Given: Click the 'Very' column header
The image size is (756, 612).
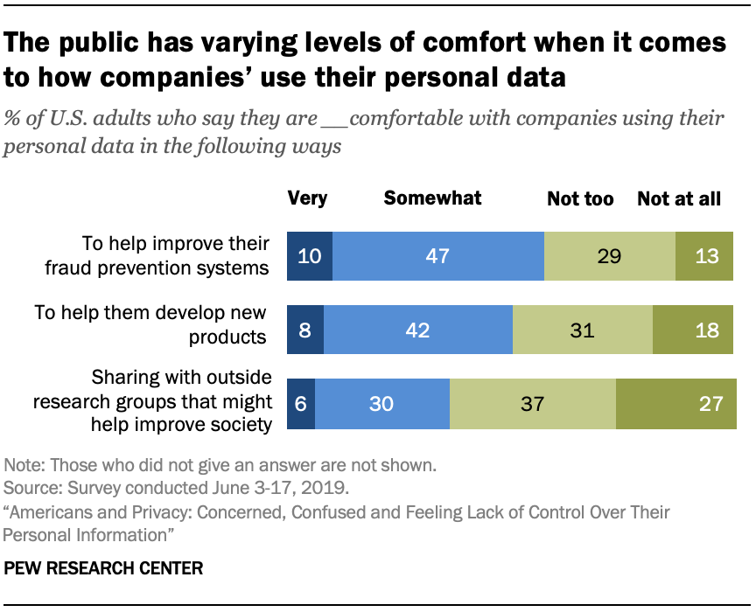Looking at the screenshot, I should tap(307, 198).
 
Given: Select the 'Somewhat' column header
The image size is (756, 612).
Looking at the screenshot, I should tap(432, 198).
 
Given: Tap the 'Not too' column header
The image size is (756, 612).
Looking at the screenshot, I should tap(580, 199).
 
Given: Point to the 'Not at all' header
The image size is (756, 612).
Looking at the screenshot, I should tap(679, 199).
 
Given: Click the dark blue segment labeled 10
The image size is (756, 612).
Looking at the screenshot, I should tap(310, 256).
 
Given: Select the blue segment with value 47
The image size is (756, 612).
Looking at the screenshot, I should tap(437, 256).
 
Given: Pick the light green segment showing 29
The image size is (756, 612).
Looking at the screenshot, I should tap(610, 256).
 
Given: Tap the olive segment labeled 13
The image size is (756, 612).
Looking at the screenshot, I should tap(704, 256).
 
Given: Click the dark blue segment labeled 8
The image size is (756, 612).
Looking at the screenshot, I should tap(305, 330).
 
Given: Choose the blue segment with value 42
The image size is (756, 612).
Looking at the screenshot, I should tap(418, 330).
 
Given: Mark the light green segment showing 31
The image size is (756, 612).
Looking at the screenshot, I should tap(583, 330).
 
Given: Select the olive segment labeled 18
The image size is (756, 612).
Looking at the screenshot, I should tap(693, 330).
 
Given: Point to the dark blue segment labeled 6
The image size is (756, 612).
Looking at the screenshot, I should tap(301, 404).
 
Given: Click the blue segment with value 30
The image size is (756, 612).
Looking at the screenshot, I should tap(382, 404).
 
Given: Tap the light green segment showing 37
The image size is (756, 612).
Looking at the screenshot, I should tap(533, 404).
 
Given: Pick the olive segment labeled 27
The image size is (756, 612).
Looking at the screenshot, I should tap(676, 404).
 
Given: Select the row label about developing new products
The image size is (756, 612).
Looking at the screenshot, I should tap(150, 323).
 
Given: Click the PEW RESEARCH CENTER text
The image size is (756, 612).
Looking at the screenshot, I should tap(104, 568).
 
